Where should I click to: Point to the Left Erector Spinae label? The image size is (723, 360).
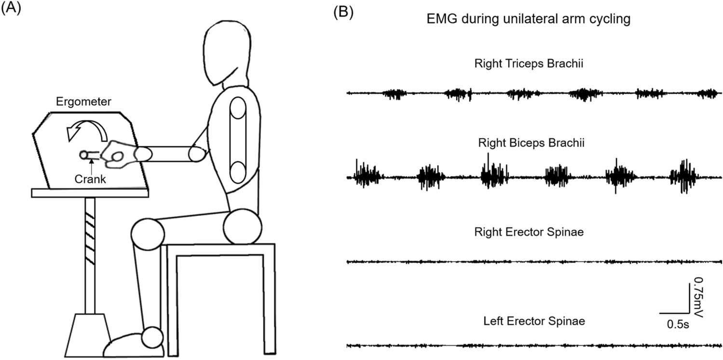pos(528,321)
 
